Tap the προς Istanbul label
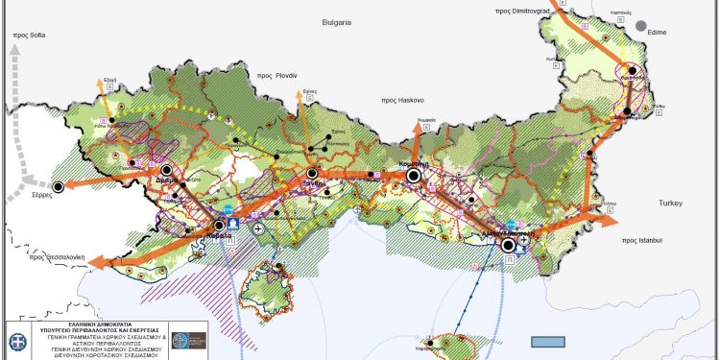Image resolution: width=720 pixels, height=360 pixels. tap(644, 239)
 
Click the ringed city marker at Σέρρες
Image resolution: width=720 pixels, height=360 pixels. tap(59, 187)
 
